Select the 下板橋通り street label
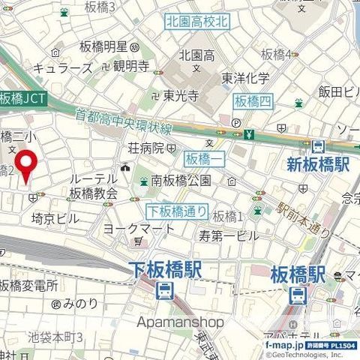tap(176, 211)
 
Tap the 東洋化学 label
tap(245, 77)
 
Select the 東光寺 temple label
tap(181, 95)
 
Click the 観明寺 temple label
tap(132, 66)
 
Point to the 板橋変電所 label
tap(29, 285)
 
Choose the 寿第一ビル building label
tap(229, 235)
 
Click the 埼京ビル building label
tap(55, 218)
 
